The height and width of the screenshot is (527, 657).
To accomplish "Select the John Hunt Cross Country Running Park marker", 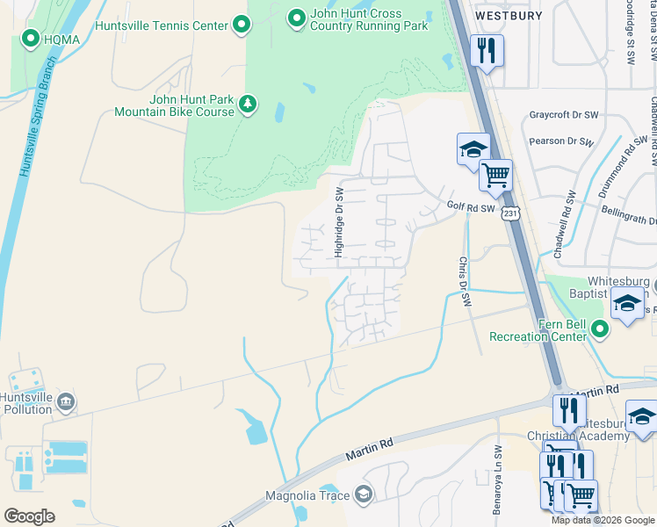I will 297,17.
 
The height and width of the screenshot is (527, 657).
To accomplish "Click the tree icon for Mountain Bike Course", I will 249,105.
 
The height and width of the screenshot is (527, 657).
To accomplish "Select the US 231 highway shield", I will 511,213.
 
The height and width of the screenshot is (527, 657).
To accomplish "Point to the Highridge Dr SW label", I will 338,221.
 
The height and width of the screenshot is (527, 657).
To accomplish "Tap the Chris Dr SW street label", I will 463,281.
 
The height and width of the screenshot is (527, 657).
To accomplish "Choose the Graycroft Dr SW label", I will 563,114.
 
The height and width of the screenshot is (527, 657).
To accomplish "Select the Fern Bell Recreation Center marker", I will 601,330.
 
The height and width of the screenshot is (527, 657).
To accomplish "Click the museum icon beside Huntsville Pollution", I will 66,403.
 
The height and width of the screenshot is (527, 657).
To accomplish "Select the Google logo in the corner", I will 31,516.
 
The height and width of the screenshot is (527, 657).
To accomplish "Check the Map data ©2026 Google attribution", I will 603,520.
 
